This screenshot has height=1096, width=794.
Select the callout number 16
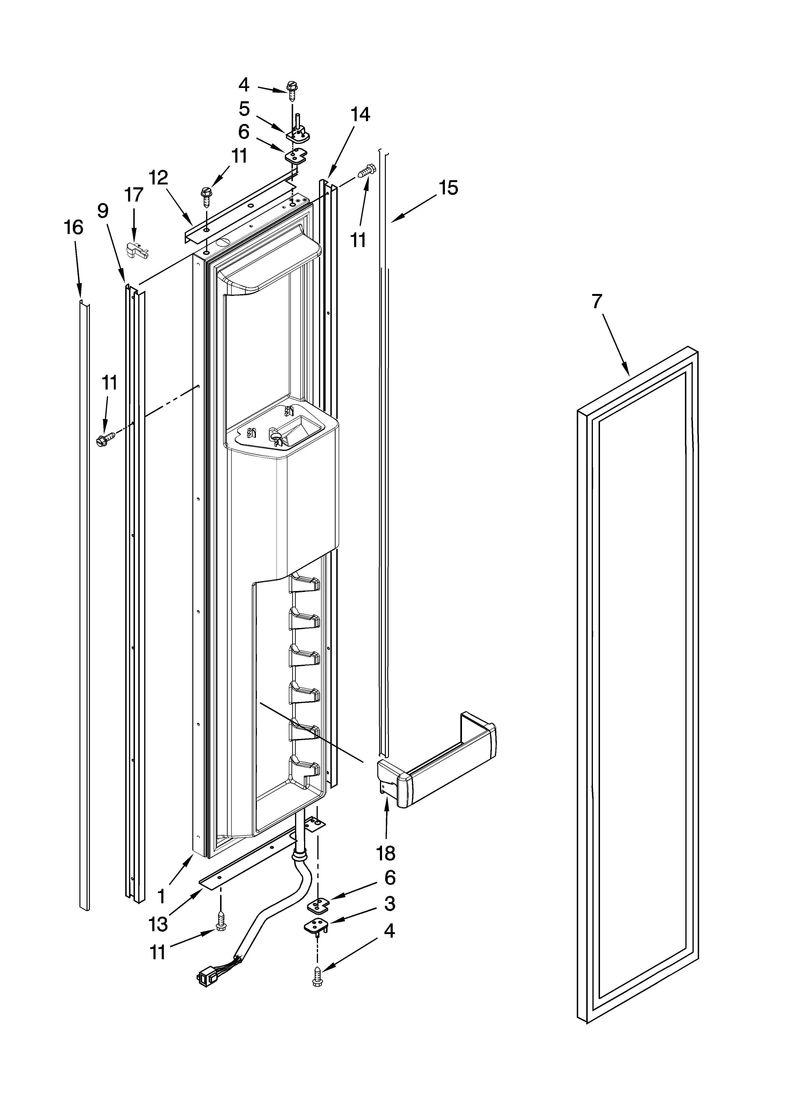point(74,227)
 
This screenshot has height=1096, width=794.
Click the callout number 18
point(386,853)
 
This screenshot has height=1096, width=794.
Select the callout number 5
point(244,109)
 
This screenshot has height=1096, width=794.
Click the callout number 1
point(162,896)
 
